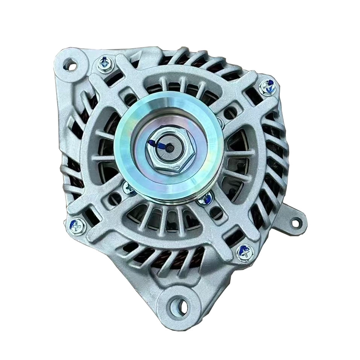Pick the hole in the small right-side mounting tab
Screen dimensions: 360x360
pyautogui.click(x=296, y=222)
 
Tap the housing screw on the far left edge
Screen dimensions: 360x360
pyautogui.click(x=78, y=226)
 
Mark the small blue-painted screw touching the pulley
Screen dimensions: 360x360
pyautogui.click(x=205, y=199)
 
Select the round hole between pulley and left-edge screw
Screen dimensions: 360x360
pyautogui.click(x=113, y=196)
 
